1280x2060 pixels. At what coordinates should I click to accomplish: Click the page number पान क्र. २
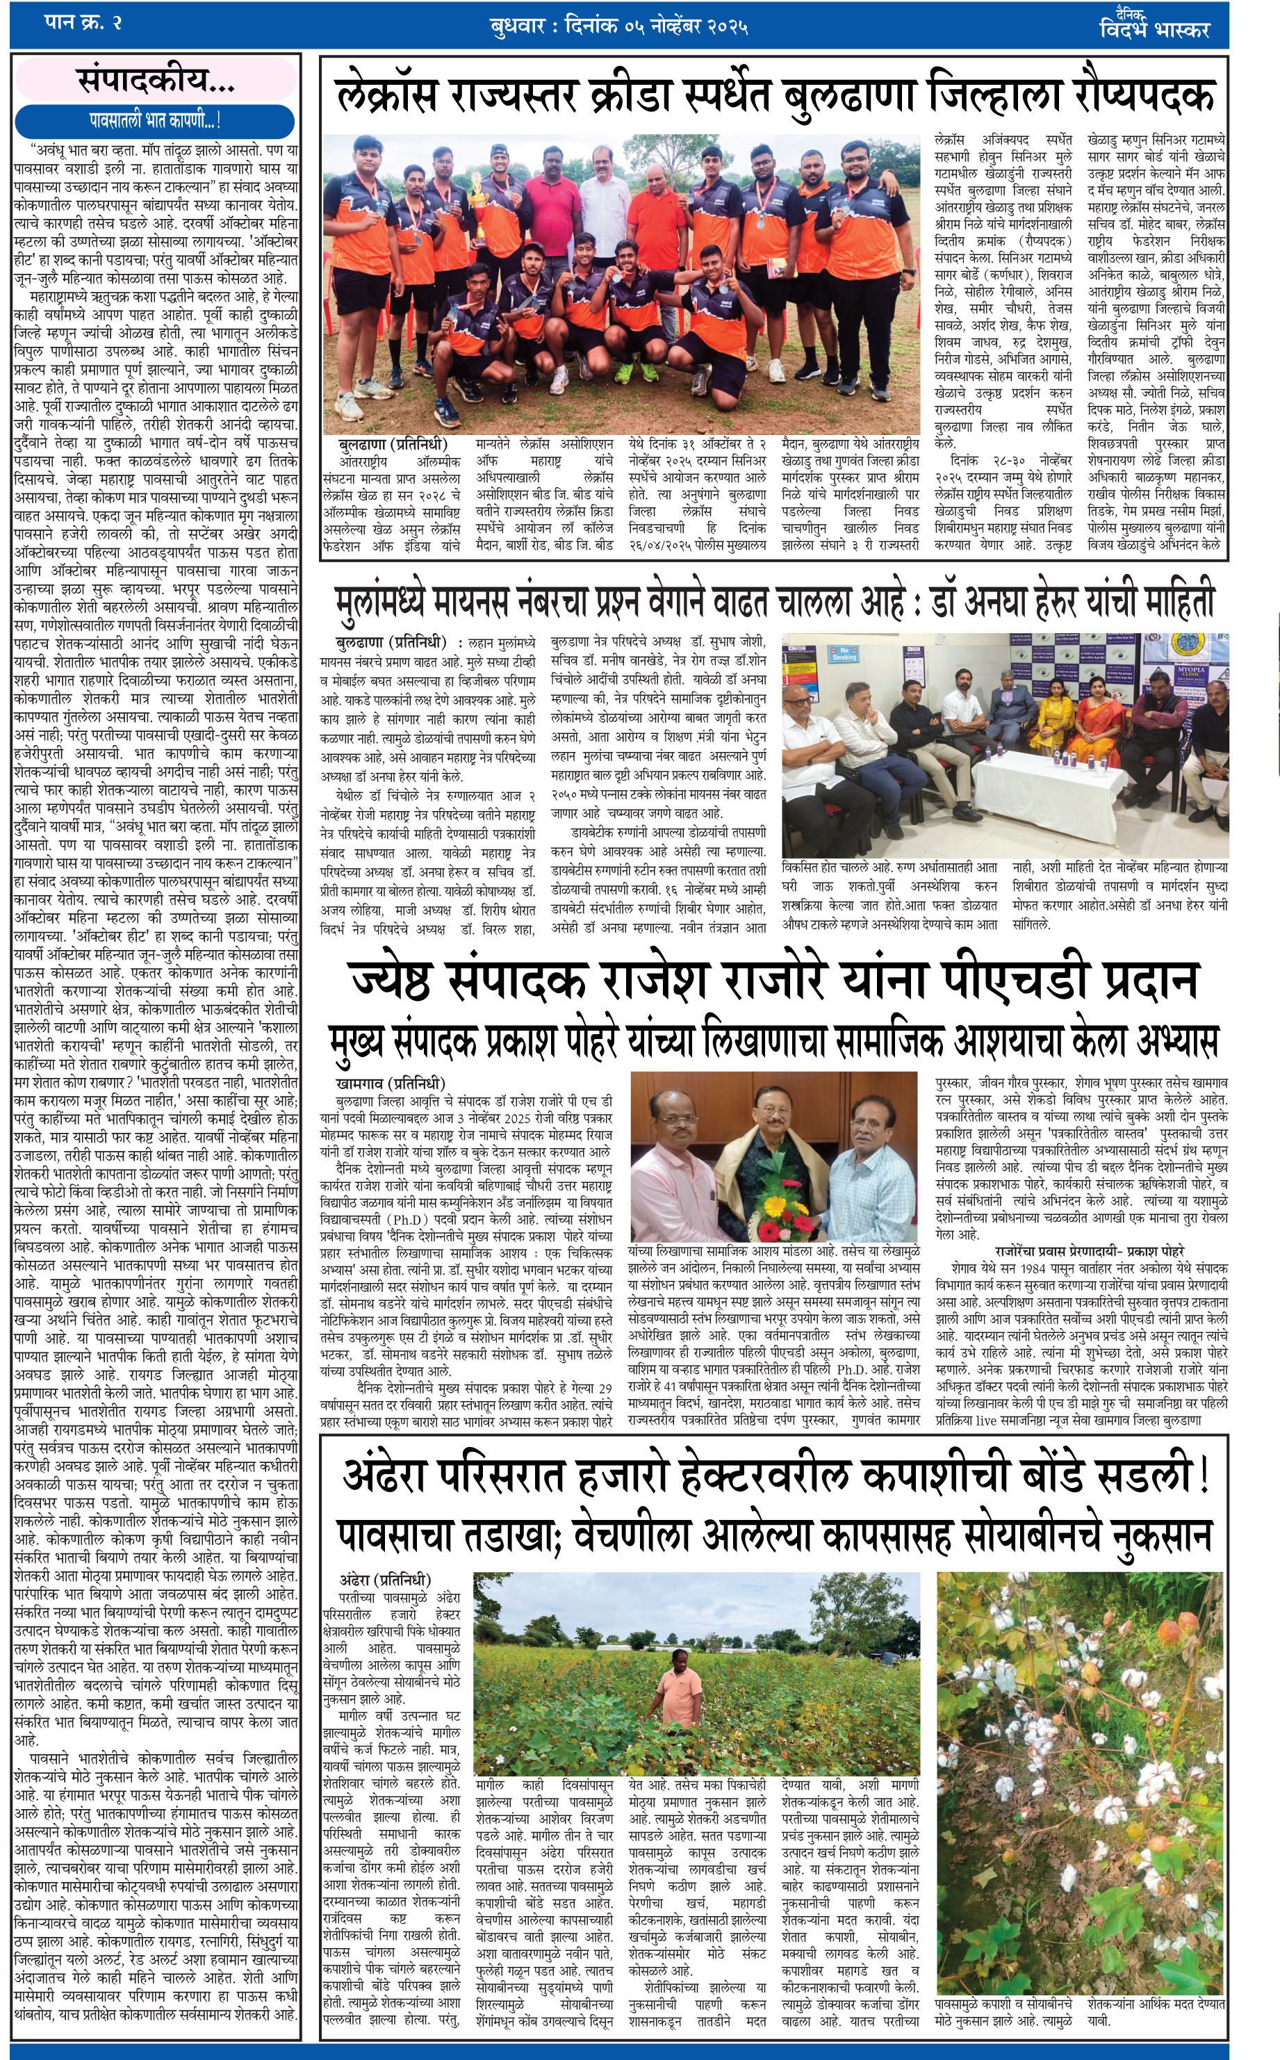tap(83, 23)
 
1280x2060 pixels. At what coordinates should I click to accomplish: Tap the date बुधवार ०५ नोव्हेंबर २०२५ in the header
tap(619, 26)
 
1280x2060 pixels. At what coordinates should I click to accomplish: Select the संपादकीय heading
tap(156, 81)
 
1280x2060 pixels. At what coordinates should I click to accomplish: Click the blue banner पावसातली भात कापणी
tap(155, 121)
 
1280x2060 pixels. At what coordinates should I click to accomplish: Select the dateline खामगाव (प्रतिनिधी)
tap(389, 1083)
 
